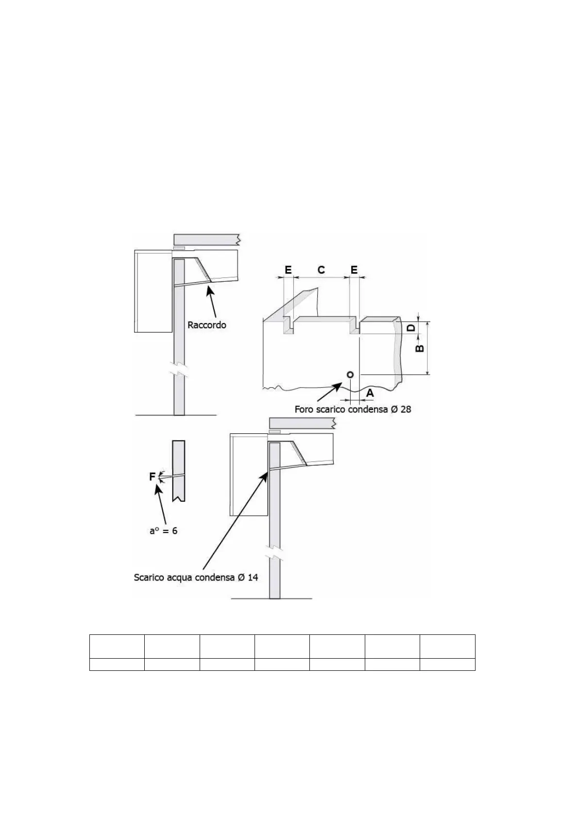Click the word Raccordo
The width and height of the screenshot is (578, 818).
[x=207, y=325]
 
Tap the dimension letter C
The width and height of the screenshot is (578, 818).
[x=321, y=270]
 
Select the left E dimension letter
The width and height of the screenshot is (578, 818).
[x=288, y=270]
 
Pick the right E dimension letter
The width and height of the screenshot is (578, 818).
[x=354, y=270]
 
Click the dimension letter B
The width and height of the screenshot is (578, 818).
[x=421, y=348]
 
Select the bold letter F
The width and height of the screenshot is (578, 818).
[x=152, y=477]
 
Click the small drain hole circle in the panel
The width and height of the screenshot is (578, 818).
[x=350, y=374]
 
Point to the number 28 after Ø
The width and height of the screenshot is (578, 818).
[x=406, y=409]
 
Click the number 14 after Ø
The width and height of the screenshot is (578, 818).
[x=253, y=578]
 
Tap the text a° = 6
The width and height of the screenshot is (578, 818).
[x=163, y=530]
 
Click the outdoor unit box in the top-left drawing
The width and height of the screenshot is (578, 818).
[x=153, y=291]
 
